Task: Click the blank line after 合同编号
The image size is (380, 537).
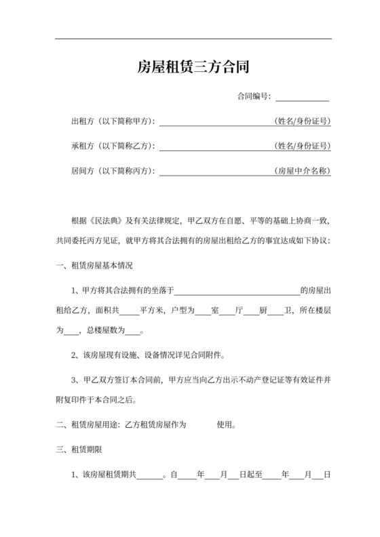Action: click(302, 97)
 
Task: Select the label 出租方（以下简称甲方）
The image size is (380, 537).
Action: click(113, 121)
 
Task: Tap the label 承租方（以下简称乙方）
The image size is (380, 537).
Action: click(113, 146)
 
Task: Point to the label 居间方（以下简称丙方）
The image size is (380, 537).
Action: click(113, 170)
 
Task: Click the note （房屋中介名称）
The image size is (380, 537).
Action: click(302, 170)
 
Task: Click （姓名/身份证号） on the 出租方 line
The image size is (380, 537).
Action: click(302, 121)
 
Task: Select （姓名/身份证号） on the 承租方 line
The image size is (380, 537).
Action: click(302, 146)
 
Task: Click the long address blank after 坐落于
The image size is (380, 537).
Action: click(237, 290)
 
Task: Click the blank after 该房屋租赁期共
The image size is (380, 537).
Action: click(149, 475)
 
